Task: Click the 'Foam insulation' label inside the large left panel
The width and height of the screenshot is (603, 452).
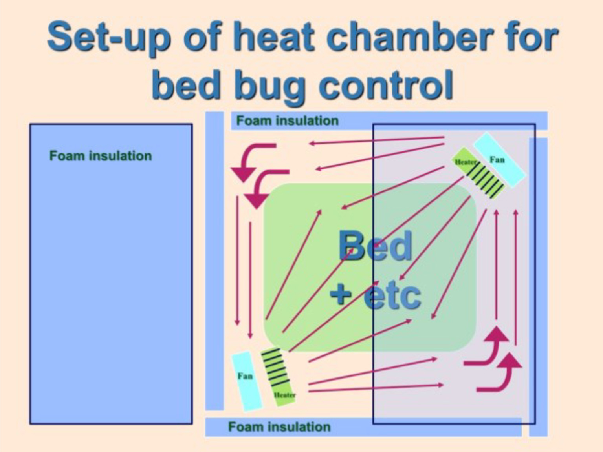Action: click(101, 156)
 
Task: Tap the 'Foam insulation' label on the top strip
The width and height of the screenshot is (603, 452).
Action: click(287, 121)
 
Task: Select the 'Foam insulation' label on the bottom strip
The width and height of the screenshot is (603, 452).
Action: click(279, 427)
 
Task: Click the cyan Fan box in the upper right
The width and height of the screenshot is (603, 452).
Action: click(500, 160)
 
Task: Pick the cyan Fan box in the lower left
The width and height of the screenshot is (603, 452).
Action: click(247, 381)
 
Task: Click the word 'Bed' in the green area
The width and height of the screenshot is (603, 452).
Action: click(376, 246)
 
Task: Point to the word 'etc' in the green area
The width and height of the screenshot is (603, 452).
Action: click(393, 296)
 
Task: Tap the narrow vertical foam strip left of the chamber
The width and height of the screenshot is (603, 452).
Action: click(214, 261)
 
